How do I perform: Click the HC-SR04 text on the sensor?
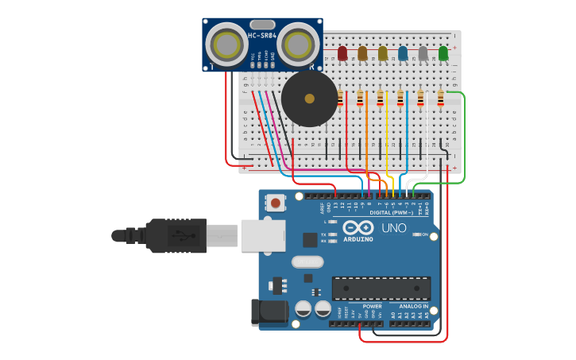pos(262,36)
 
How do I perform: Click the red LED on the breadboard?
pos(342,53)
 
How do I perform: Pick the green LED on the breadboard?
pos(443,53)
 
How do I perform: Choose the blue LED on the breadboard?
pos(403,53)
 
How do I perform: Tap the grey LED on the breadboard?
pos(423,53)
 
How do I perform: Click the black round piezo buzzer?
pos(309,99)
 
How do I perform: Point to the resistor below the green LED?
pos(441,99)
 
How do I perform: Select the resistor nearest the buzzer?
pos(340,99)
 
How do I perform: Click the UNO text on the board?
pos(394,228)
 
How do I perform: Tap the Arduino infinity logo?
pos(358,228)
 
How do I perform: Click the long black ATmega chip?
pos(381,288)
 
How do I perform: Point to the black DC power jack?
pos(269,312)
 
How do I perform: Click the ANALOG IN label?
pos(408,306)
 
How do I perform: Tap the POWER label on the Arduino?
pos(372,306)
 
